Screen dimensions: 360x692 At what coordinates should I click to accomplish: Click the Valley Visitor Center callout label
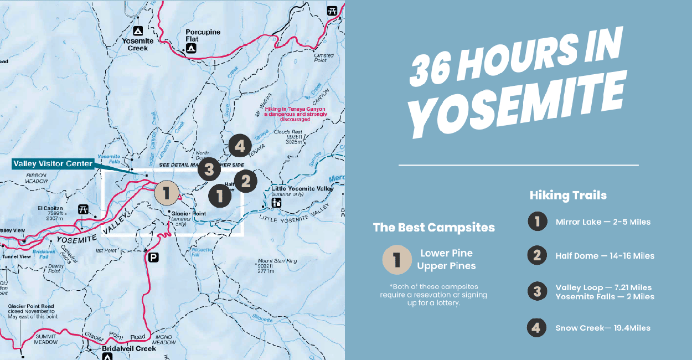pyautogui.click(x=53, y=164)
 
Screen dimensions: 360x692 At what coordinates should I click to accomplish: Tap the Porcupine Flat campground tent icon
pyautogui.click(x=191, y=49)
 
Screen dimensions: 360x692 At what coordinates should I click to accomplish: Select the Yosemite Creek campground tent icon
pyautogui.click(x=138, y=30)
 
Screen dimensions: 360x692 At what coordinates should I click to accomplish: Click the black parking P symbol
pyautogui.click(x=153, y=257)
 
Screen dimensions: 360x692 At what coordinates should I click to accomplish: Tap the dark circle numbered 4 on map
pyautogui.click(x=239, y=146)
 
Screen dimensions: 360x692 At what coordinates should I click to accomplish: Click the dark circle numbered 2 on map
pyautogui.click(x=245, y=181)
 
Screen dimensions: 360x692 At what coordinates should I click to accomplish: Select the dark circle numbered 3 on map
pyautogui.click(x=209, y=169)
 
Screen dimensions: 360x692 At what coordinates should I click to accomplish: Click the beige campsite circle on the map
pyautogui.click(x=167, y=193)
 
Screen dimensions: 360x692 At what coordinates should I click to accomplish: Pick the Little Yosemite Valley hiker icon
pyautogui.click(x=276, y=203)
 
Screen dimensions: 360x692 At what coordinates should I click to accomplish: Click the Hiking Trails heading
pyautogui.click(x=567, y=195)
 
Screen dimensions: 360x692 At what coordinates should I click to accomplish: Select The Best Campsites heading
pyautogui.click(x=433, y=227)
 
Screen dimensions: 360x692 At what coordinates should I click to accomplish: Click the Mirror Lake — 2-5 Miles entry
pyautogui.click(x=603, y=222)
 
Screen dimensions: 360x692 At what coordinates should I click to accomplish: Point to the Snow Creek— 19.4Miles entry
pyautogui.click(x=603, y=328)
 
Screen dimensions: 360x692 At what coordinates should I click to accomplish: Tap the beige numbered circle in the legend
pyautogui.click(x=396, y=260)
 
